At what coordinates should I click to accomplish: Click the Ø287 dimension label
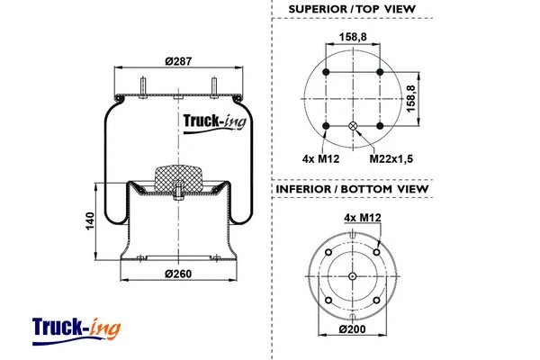[x=178, y=61]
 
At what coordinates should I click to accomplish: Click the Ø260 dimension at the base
[x=178, y=273]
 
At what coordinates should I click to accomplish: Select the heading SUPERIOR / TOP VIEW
[x=353, y=9]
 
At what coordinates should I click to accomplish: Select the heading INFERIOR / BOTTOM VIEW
[x=353, y=190]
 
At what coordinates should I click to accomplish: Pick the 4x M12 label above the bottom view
[x=362, y=217]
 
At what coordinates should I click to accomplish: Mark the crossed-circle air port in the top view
[x=353, y=126]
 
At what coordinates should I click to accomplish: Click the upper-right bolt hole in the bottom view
[x=375, y=253]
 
